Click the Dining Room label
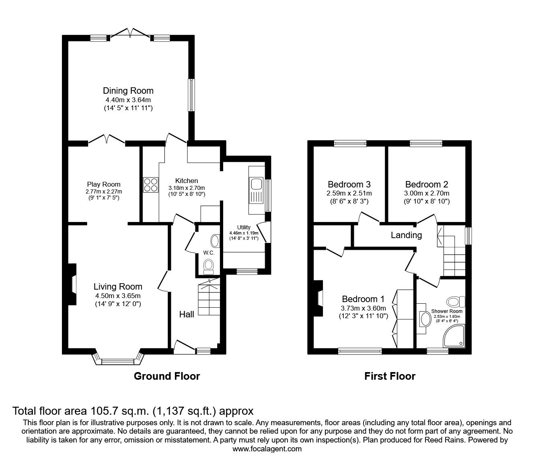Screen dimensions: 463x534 point(128,91)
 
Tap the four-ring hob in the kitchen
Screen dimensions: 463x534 point(150,185)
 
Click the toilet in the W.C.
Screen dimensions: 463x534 point(208,266)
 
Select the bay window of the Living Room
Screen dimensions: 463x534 point(119,360)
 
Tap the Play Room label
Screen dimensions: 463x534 point(103,185)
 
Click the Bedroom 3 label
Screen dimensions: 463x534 point(349,185)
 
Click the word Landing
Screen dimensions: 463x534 point(406,235)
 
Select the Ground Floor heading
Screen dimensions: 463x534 point(166,377)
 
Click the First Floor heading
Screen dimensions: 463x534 point(390,377)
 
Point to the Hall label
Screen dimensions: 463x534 point(187,315)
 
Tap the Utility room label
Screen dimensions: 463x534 point(244,228)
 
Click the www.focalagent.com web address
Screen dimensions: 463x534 point(267,449)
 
